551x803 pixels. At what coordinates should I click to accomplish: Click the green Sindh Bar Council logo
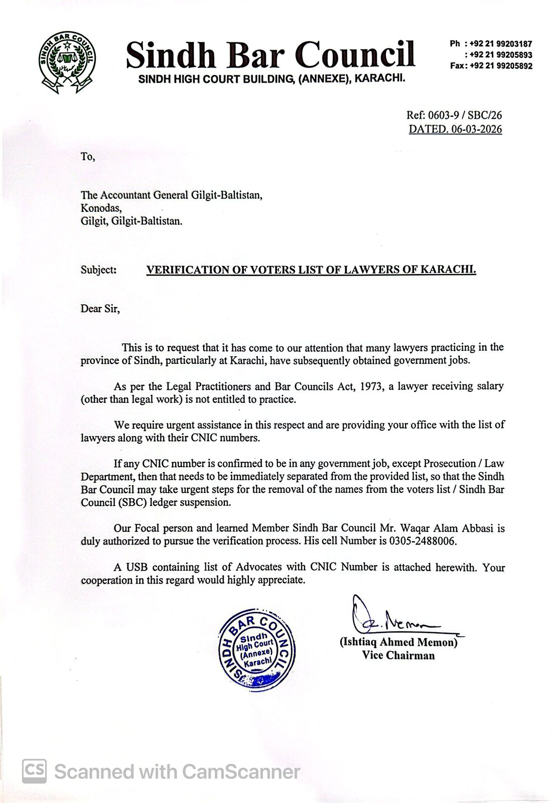tap(67, 62)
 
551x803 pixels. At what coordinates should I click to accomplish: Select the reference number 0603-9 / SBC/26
tap(463, 115)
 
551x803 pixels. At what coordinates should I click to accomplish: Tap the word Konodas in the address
tap(101, 208)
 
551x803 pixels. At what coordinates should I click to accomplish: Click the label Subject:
tap(98, 270)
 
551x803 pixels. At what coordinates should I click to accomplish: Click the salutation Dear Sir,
tap(100, 309)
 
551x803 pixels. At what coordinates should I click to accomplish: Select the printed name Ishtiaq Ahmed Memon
tap(399, 642)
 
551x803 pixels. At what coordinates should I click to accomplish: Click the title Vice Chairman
tap(398, 655)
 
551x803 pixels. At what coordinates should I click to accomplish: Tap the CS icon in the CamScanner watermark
tap(34, 771)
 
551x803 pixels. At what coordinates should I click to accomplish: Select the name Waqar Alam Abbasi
tap(454, 528)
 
